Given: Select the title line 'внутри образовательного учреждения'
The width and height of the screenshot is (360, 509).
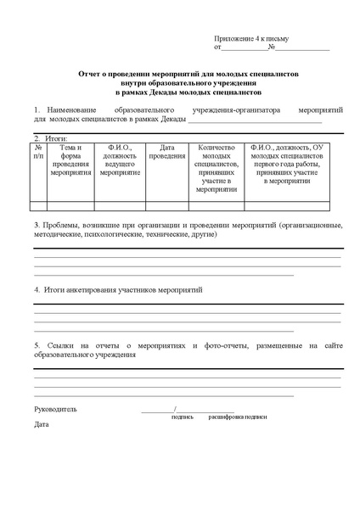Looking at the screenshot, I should click(x=179, y=82).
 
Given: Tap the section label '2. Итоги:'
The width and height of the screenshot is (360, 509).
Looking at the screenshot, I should click(x=50, y=137).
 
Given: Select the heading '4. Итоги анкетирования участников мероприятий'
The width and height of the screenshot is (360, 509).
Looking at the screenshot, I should click(x=118, y=289).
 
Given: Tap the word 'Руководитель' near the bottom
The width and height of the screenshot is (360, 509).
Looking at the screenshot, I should click(x=55, y=409).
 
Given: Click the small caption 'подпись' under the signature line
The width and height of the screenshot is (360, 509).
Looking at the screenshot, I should click(x=182, y=417).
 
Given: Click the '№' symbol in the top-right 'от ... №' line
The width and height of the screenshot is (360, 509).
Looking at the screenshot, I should click(x=271, y=48).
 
